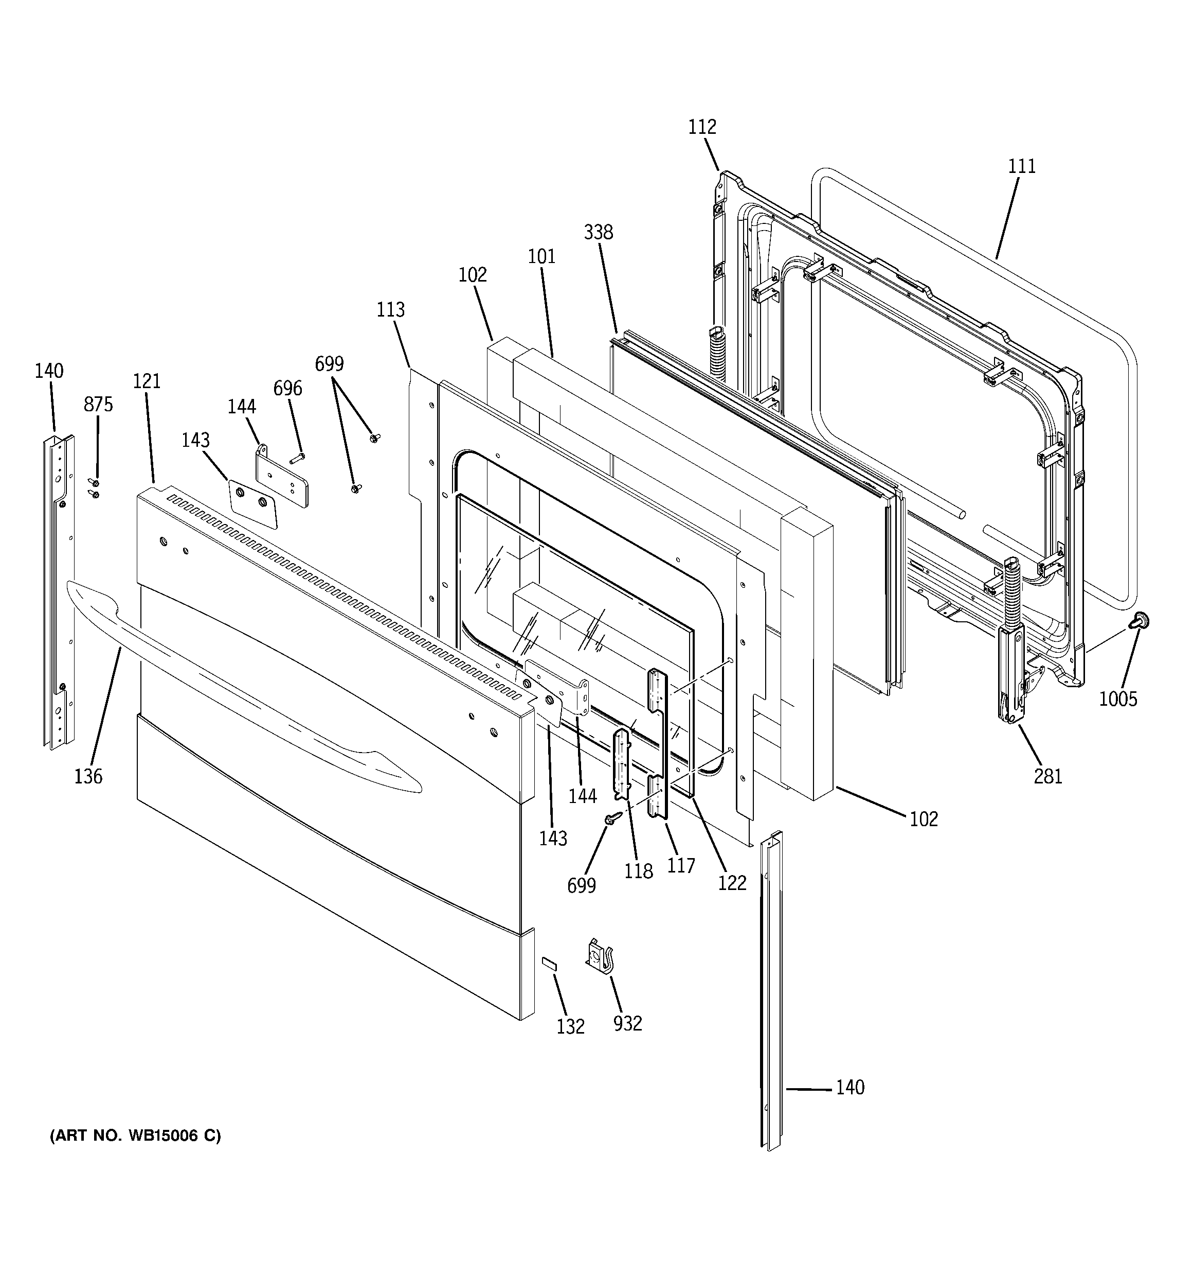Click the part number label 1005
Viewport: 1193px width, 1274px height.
coord(1118,699)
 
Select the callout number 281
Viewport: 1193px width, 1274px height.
coord(1047,776)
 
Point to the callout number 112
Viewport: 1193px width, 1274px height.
coord(702,127)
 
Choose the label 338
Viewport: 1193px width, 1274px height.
coord(598,232)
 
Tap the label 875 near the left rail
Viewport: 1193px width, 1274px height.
coord(98,405)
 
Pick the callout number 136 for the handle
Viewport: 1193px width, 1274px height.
coord(88,776)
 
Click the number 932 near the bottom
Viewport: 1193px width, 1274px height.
coord(627,1023)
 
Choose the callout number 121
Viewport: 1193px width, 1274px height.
coord(147,381)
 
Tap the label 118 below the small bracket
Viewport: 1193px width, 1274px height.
coord(639,871)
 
